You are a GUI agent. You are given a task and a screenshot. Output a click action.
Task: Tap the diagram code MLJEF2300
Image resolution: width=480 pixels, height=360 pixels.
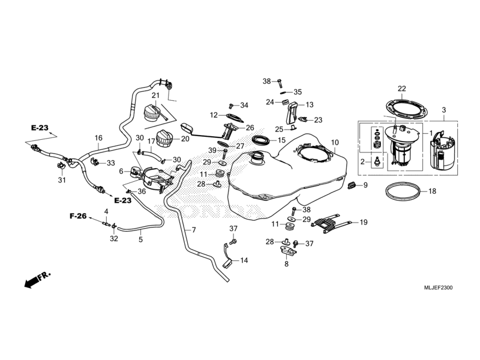pyautogui.click(x=440, y=288)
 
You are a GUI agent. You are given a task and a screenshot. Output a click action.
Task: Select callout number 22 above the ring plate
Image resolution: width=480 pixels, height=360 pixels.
pyautogui.click(x=401, y=89)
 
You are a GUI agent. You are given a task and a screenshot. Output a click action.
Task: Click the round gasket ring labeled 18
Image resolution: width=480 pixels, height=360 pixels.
pyautogui.click(x=402, y=192)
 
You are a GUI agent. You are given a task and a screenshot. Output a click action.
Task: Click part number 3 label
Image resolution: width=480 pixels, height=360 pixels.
pyautogui.click(x=443, y=110)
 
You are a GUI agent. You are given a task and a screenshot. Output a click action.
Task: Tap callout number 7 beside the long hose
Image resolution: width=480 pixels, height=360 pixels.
pyautogui.click(x=194, y=230)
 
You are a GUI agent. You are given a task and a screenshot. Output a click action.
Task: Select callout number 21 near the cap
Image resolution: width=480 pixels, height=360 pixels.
pyautogui.click(x=155, y=95)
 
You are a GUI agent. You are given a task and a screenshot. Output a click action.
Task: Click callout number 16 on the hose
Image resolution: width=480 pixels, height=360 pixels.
pyautogui.click(x=98, y=137)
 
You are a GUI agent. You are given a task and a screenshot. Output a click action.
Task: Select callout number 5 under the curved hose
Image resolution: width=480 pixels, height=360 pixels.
pyautogui.click(x=141, y=239)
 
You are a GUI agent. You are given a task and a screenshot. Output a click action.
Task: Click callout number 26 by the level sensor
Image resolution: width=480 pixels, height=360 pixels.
pyautogui.click(x=250, y=127)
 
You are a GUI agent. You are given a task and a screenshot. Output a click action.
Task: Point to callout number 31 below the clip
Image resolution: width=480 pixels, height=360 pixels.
pyautogui.click(x=62, y=180)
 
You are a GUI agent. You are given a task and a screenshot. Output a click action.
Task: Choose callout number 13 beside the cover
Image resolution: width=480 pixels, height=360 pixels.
pyautogui.click(x=310, y=104)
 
